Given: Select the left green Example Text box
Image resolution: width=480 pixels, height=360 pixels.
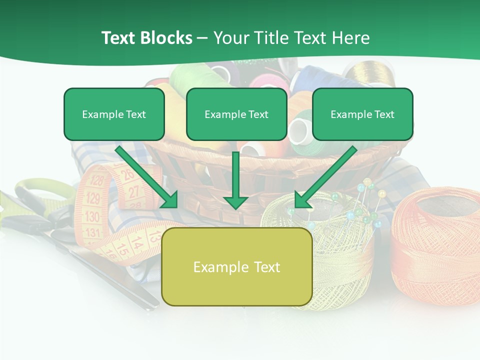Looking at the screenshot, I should coord(114,114).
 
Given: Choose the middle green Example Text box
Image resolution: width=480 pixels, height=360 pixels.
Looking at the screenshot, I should coord(236,114).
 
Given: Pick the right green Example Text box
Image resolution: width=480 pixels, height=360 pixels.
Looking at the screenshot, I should coord(362,114).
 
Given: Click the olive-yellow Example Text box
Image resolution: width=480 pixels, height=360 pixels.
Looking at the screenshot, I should coord(236,267).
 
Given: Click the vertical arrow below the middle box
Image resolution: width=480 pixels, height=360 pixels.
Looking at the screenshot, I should coord(235,180).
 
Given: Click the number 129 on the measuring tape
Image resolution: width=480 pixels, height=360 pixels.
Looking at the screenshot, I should coord(93,198).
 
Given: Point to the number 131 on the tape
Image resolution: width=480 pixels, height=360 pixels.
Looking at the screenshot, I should coord(93,232).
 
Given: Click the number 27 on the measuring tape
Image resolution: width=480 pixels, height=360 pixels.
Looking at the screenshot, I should coord(134,191).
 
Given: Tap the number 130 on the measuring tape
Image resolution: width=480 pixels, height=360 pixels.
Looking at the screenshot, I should coord(92,216).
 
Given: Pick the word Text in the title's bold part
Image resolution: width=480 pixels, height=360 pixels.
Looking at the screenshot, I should coord(118,38).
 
